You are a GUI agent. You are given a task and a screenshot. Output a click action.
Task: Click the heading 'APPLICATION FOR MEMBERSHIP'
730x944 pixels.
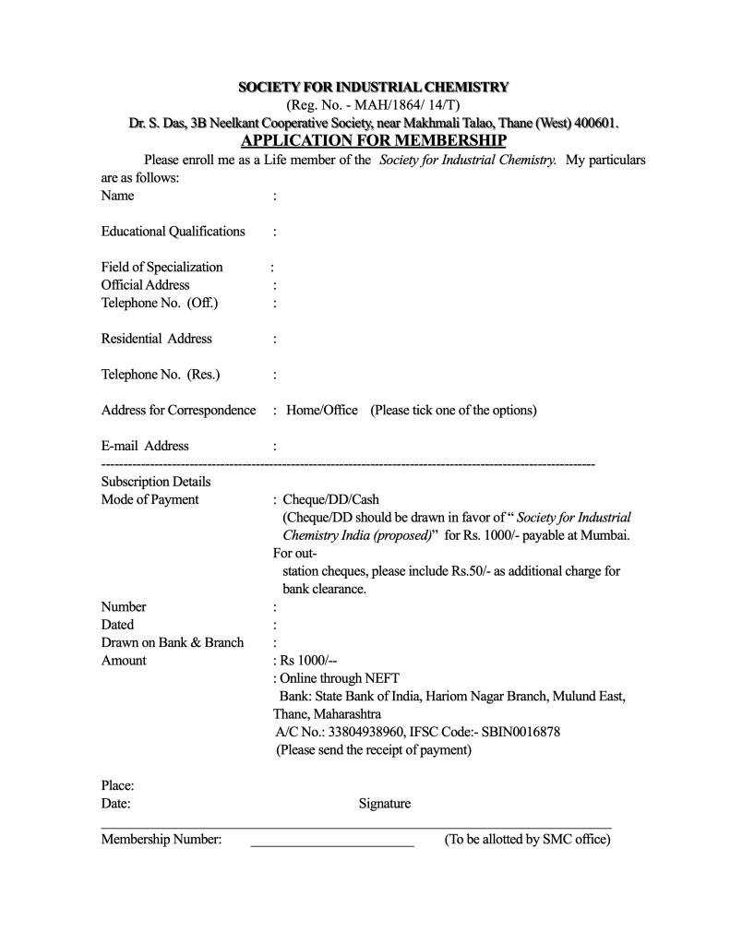pos(373,140)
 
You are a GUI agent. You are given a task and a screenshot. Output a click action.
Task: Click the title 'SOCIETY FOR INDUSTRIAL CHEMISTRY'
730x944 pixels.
pos(373,88)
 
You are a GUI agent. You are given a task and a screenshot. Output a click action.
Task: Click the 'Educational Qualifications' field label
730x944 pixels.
pos(173,231)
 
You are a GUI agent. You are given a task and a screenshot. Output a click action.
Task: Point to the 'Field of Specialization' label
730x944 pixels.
pos(162,267)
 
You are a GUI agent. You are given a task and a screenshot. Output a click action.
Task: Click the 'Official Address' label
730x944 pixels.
pos(145,285)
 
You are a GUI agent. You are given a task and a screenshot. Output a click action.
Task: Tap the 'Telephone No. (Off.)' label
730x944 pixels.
pos(159,303)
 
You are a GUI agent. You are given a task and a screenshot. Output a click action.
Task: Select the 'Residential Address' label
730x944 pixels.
pos(156,339)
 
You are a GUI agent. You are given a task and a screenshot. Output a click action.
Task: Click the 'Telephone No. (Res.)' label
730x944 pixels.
pos(160,375)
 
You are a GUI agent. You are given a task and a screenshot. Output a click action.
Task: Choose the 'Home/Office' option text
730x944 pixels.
pos(322,410)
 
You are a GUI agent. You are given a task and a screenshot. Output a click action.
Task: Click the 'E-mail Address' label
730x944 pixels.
pos(145,446)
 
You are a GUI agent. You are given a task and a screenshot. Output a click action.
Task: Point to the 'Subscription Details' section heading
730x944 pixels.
pos(155,482)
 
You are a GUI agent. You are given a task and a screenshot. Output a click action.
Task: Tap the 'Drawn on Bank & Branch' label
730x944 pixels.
pos(172,642)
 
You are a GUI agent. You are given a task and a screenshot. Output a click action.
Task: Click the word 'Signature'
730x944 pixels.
pos(385,804)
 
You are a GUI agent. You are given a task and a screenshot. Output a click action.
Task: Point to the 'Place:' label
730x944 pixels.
pos(117,785)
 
